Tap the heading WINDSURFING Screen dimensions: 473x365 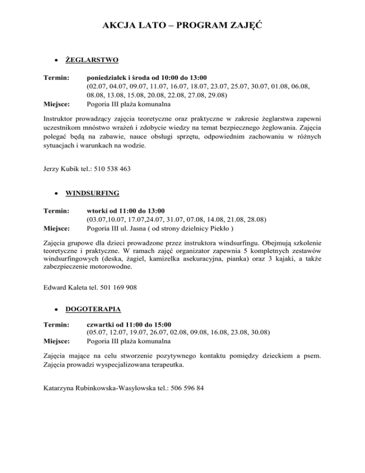[93, 194]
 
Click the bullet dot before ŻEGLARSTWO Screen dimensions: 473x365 [57, 61]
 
